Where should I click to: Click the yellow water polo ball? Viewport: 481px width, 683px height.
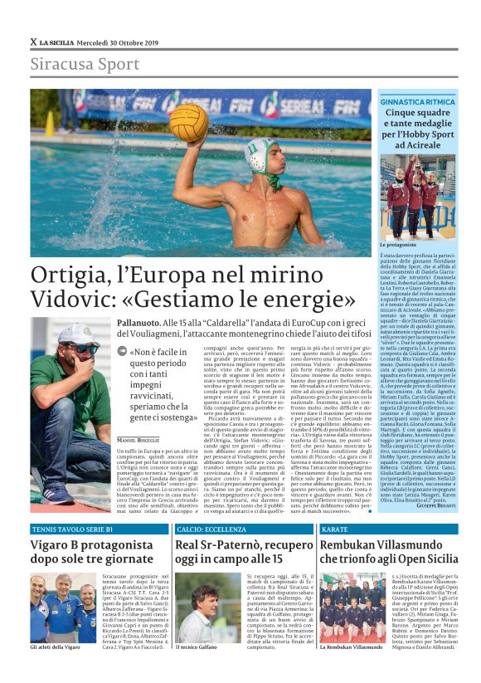pos(189,124)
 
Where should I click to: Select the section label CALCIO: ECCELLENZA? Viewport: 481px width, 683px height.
pos(211,505)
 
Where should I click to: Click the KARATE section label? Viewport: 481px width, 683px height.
pos(334,505)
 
